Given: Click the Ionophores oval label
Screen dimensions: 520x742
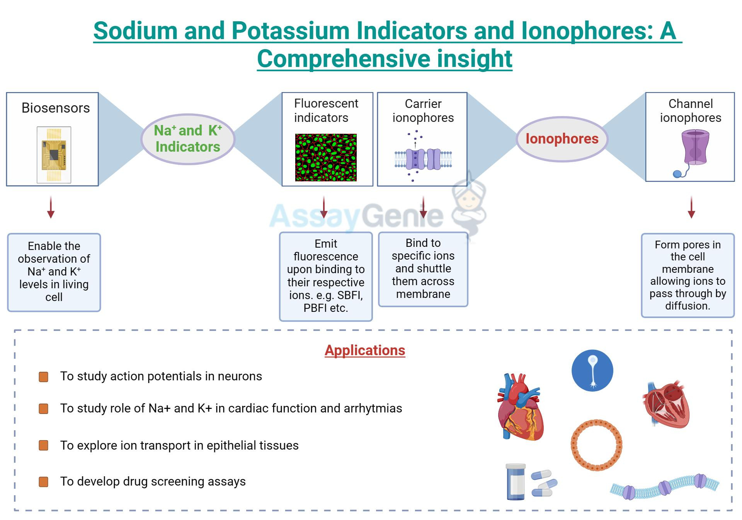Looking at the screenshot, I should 562,139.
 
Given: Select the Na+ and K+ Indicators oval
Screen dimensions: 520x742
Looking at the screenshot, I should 188,139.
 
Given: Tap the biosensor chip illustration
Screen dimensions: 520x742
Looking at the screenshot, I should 54,155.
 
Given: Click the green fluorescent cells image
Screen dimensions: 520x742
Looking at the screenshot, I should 326,157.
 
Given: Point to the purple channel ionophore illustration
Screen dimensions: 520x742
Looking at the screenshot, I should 694,149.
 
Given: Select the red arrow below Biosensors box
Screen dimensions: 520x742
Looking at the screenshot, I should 51,207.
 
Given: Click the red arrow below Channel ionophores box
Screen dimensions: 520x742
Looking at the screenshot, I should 691,207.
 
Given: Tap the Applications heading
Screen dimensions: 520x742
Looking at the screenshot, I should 365,350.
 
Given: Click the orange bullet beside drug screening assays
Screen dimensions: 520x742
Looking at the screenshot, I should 44,482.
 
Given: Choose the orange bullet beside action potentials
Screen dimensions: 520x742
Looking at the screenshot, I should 44,376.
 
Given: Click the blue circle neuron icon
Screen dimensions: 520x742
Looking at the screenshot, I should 592,371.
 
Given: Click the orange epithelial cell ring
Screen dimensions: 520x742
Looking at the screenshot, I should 596,445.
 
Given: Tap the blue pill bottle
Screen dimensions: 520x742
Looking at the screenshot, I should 516,482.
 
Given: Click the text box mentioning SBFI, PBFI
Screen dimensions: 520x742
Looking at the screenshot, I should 326,276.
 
